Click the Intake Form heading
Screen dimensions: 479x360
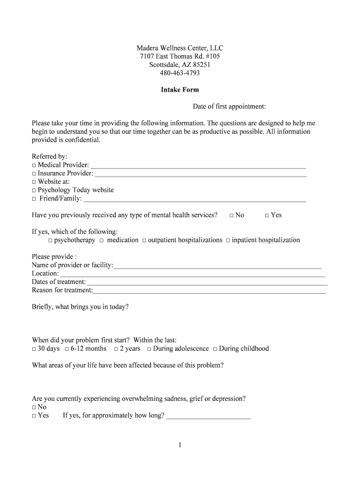click(x=180, y=90)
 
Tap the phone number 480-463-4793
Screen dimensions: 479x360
click(x=180, y=73)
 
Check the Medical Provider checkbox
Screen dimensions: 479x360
click(x=34, y=166)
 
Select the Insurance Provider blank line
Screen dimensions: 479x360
click(x=201, y=174)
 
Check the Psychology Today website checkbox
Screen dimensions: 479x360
click(x=34, y=191)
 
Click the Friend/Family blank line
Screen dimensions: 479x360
click(x=194, y=200)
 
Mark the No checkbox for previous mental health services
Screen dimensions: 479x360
click(x=232, y=216)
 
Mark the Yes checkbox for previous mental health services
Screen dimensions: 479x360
click(x=267, y=216)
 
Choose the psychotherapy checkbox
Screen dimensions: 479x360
click(x=50, y=240)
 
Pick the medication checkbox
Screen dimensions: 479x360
click(x=101, y=240)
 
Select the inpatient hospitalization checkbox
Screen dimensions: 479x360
click(x=228, y=240)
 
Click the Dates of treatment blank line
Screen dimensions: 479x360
click(x=208, y=283)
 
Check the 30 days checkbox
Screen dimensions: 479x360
click(x=34, y=349)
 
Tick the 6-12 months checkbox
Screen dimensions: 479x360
click(x=67, y=349)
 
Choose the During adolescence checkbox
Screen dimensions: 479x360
click(x=149, y=349)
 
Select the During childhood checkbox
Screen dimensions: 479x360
click(x=215, y=349)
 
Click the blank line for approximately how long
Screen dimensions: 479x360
click(x=209, y=416)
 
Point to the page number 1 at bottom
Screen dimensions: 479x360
click(x=180, y=445)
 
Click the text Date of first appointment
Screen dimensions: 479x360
click(x=229, y=107)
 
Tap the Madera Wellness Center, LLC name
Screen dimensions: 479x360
click(x=180, y=48)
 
